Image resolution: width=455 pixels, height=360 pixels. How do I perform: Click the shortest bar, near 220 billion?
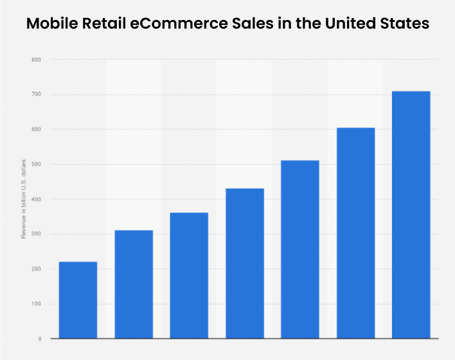(x=78, y=300)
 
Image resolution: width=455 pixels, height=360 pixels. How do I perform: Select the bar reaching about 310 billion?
(x=134, y=283)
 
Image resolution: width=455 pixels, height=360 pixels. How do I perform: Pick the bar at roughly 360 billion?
(x=189, y=275)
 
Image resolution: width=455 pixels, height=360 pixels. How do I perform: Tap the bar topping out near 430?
(x=244, y=263)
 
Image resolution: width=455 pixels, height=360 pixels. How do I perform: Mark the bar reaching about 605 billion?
(x=355, y=233)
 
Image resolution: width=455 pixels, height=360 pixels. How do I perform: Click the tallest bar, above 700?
(x=411, y=215)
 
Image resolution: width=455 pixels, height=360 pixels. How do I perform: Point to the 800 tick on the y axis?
(x=36, y=60)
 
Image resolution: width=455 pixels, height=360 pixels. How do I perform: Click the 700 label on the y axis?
(x=36, y=94)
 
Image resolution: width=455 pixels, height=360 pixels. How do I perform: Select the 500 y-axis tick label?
(x=36, y=165)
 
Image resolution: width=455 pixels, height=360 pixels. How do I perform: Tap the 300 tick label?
(x=36, y=234)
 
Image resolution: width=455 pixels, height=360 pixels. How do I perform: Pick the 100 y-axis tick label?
(x=36, y=303)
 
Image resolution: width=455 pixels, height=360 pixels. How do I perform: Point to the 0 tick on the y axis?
(x=39, y=338)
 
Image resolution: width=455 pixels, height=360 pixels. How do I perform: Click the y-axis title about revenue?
(x=23, y=199)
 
